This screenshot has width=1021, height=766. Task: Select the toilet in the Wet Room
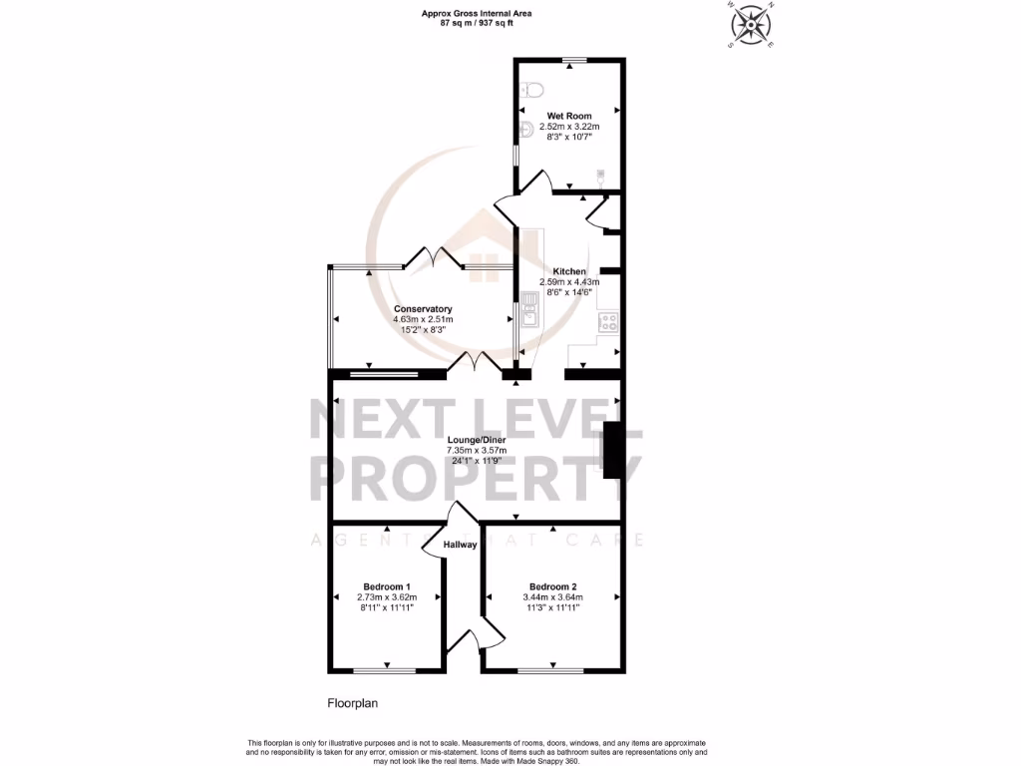pyautogui.click(x=529, y=89)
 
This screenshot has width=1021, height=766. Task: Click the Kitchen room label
pyautogui.click(x=570, y=271)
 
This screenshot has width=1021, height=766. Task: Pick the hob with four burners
pyautogui.click(x=607, y=321)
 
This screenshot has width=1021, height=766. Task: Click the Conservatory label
pyautogui.click(x=423, y=309)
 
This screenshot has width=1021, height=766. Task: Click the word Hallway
pyautogui.click(x=460, y=545)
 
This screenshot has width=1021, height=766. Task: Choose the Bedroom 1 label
pyautogui.click(x=387, y=586)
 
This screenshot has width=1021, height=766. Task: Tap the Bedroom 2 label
pyautogui.click(x=553, y=586)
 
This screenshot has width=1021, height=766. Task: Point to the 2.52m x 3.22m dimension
pyautogui.click(x=568, y=128)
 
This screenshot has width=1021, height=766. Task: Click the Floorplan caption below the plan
pyautogui.click(x=353, y=703)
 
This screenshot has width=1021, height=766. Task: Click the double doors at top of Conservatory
pyautogui.click(x=434, y=261)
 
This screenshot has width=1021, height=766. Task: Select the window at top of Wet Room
pyautogui.click(x=573, y=61)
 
